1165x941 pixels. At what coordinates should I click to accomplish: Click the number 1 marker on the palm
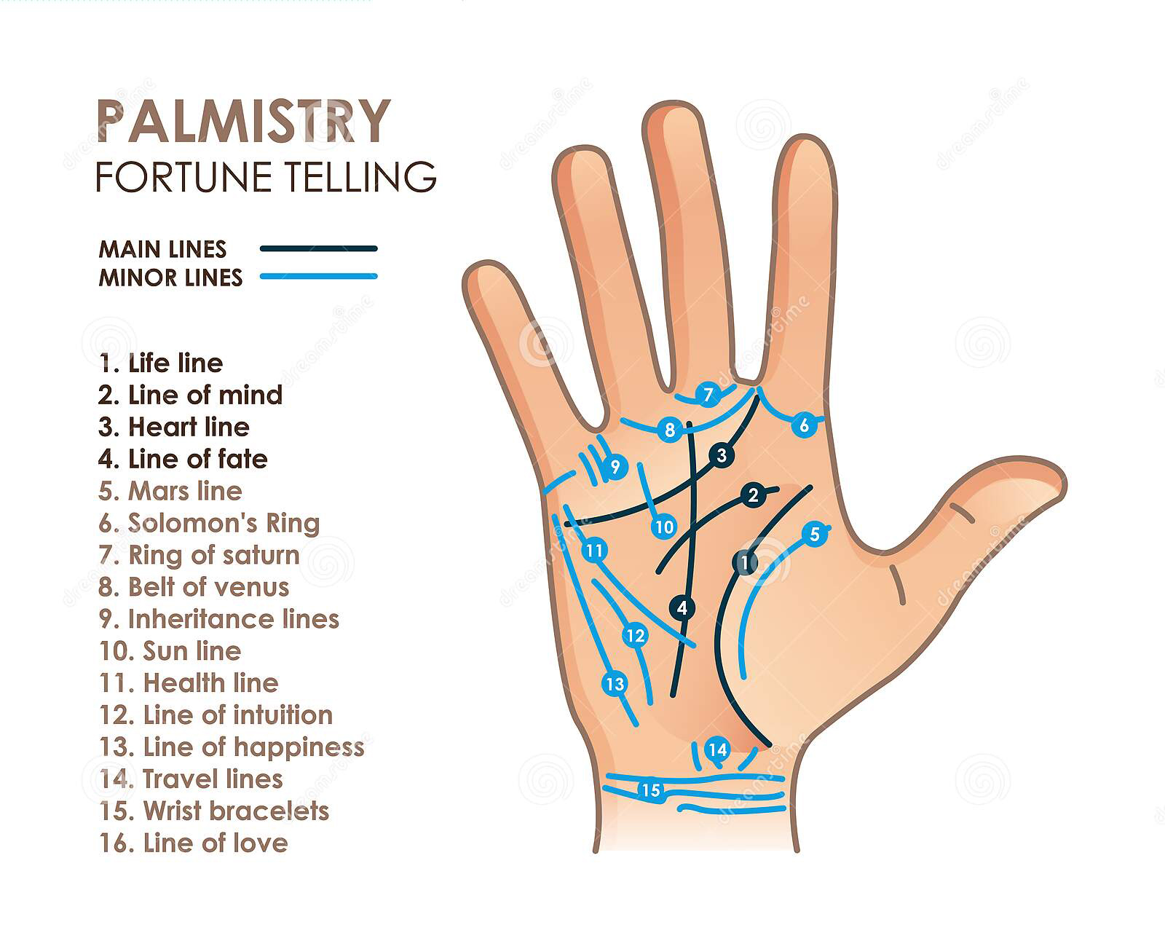pos(745,562)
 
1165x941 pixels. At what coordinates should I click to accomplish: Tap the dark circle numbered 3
pos(722,454)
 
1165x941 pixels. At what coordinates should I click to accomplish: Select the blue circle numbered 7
pos(708,394)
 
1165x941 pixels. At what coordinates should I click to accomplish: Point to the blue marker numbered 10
pos(664,527)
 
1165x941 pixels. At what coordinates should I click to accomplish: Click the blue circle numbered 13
pos(615,683)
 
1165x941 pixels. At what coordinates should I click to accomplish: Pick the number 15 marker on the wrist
pos(651,790)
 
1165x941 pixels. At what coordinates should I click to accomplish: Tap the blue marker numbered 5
pos(815,533)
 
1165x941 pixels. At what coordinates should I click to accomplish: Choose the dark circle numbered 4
pos(682,608)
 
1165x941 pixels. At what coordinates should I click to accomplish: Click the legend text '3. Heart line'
pos(174,427)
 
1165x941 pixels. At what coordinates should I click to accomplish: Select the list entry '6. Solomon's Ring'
pos(209,523)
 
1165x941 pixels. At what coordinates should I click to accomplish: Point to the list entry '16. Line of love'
pos(194,843)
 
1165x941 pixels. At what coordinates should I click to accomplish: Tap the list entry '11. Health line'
pos(189,682)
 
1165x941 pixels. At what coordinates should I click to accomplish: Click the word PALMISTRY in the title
pos(244,121)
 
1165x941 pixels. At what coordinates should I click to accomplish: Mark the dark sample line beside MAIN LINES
pos(319,248)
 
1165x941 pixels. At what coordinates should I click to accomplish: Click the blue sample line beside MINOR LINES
pos(319,276)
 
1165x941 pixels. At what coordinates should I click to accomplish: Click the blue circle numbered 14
pos(717,749)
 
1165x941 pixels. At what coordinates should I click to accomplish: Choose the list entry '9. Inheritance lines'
pos(219,619)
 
